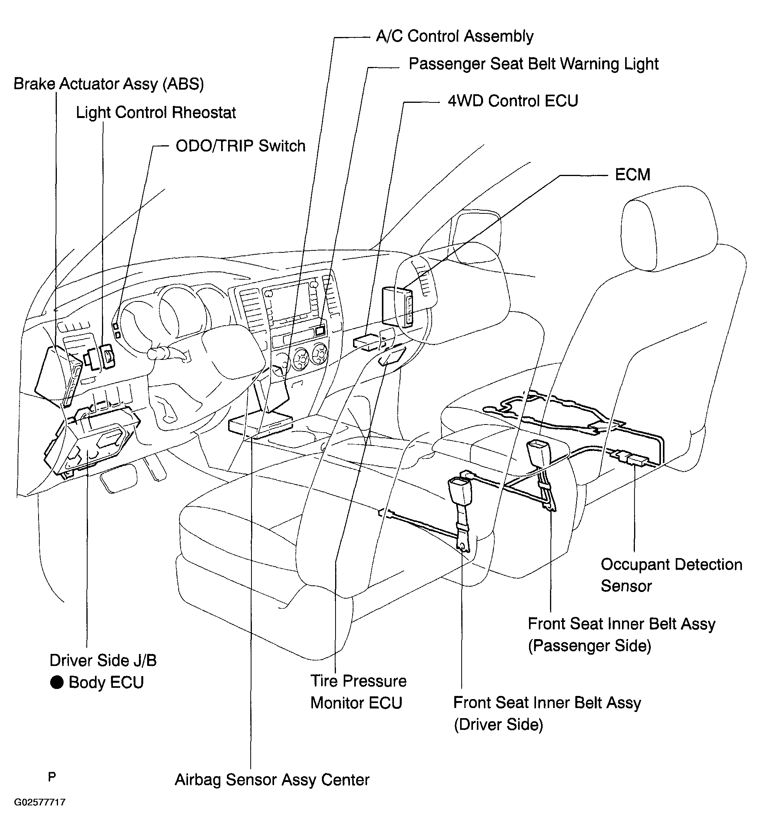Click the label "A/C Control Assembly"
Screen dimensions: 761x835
pyautogui.click(x=455, y=37)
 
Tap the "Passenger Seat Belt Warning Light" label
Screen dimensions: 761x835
pyautogui.click(x=533, y=64)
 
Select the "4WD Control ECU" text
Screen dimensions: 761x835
pyautogui.click(x=513, y=101)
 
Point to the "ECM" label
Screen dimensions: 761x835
pyautogui.click(x=632, y=174)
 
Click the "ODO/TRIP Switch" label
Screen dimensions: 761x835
pyautogui.click(x=241, y=146)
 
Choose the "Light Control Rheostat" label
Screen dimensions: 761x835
pyautogui.click(x=156, y=113)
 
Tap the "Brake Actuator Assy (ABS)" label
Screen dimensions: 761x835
pyautogui.click(x=109, y=84)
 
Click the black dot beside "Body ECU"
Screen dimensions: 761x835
pyautogui.click(x=57, y=682)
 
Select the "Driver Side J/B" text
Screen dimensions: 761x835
pyautogui.click(x=103, y=660)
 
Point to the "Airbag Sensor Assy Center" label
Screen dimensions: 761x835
pyautogui.click(x=272, y=780)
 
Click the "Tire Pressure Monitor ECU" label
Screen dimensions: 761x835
pyautogui.click(x=359, y=692)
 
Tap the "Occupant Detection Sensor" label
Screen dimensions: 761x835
pyautogui.click(x=671, y=575)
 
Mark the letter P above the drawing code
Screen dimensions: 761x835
pyautogui.click(x=52, y=777)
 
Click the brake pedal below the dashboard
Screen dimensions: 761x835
pyautogui.click(x=119, y=478)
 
